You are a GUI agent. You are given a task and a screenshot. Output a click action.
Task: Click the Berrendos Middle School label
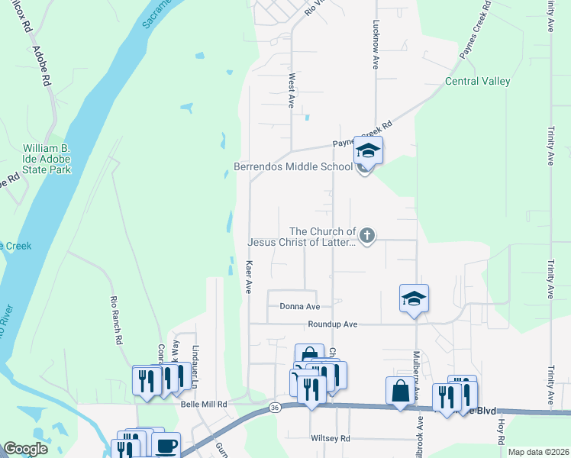[293, 168]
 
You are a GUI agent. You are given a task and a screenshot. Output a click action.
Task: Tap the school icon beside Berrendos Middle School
[367, 150]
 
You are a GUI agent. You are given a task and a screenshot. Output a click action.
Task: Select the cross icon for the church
[367, 236]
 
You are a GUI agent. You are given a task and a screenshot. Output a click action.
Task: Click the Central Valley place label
[478, 82]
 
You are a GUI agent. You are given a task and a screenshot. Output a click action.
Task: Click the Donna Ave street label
[299, 307]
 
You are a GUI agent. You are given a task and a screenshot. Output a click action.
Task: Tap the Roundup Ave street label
[333, 324]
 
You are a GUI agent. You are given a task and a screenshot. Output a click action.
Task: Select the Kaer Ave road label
[249, 276]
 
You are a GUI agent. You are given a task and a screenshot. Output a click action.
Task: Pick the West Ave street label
[292, 90]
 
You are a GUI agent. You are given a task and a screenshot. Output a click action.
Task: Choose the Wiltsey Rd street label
[329, 439]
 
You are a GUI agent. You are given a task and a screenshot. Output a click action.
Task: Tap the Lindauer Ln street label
[194, 357]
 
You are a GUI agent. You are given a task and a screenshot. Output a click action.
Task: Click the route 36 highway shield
[273, 409]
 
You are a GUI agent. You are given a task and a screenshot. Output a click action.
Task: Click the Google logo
[25, 449]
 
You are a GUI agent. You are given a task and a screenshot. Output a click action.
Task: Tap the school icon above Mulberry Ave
[414, 298]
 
